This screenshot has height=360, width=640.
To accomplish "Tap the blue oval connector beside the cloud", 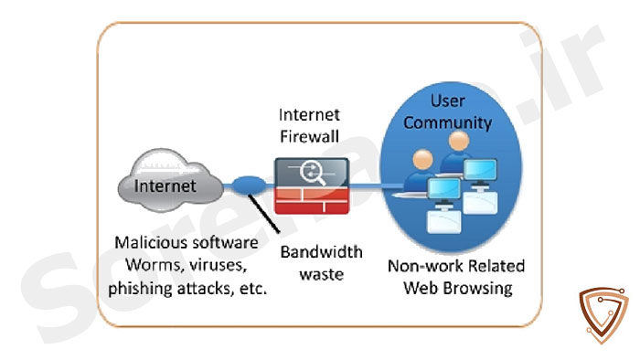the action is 249,185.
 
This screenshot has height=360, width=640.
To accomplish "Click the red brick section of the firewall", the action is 312,200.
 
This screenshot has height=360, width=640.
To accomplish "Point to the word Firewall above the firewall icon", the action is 309,136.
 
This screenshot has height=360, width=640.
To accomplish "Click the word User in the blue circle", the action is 448,101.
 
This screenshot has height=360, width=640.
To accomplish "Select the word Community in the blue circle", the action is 448,122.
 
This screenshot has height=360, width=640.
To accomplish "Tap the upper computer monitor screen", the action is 480,170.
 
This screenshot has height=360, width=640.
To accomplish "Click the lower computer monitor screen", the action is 444,189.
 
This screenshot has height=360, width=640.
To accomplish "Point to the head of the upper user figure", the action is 459,141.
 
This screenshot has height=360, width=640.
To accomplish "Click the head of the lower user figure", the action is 422,160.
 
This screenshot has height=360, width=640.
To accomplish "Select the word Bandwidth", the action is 322,252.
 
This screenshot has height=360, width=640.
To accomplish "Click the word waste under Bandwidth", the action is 322,274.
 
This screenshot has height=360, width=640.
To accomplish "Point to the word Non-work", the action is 425,266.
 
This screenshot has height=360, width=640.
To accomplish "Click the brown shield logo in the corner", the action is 603,314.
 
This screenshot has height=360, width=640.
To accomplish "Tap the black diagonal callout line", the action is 264,214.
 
